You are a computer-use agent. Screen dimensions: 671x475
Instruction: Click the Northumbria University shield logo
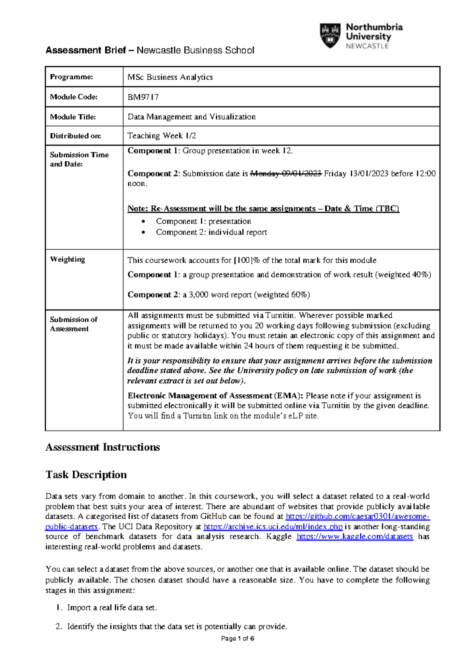coord(330,35)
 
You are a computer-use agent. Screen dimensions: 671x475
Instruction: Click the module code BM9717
coord(143,97)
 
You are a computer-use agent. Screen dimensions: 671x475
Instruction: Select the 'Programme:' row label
coord(71,77)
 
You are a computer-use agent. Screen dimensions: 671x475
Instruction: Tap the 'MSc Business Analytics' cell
coord(170,77)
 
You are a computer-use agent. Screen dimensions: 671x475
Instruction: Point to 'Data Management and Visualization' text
coord(191,117)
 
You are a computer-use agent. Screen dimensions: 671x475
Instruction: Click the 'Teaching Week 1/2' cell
coord(161,136)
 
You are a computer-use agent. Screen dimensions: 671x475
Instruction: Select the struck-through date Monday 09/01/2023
coord(286,173)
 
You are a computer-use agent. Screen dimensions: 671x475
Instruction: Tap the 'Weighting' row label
coord(67,260)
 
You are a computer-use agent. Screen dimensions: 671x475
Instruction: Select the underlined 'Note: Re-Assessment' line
coord(263,209)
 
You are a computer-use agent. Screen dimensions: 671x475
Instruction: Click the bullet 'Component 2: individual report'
coord(211,232)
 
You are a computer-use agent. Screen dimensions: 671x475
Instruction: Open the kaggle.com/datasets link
coord(354,536)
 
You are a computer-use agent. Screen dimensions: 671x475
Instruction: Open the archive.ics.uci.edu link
coord(273,527)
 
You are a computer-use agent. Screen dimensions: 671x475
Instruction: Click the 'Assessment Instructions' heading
coord(103,447)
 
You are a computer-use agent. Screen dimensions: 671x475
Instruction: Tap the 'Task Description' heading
coord(86,474)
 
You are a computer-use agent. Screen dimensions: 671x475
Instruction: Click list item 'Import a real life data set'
coord(112,607)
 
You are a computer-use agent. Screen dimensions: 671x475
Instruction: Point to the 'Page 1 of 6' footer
coord(237,638)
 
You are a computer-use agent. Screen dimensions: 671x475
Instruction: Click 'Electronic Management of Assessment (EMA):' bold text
coord(215,396)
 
